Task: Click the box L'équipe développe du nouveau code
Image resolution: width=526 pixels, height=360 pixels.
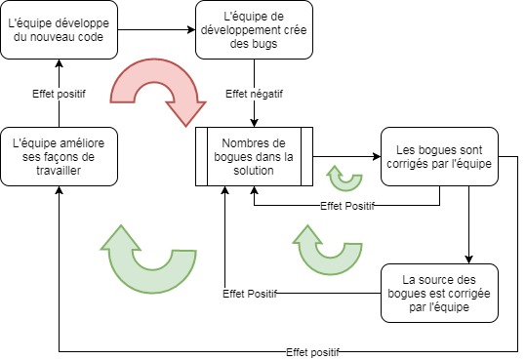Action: (x=59, y=29)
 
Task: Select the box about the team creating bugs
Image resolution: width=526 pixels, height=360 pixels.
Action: (x=254, y=29)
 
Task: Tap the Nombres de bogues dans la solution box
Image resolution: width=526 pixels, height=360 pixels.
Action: (x=254, y=156)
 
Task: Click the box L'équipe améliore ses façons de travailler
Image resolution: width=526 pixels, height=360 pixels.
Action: (x=59, y=156)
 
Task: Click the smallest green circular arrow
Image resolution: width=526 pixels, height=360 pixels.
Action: (x=343, y=177)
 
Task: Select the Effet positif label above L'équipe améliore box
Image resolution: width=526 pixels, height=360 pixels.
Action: (x=60, y=94)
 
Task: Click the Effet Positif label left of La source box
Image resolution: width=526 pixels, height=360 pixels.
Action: (x=250, y=293)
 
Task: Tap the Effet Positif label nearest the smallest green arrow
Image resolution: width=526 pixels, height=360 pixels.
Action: (x=348, y=206)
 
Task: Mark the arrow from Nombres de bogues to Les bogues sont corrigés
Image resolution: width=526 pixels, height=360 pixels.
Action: (x=345, y=156)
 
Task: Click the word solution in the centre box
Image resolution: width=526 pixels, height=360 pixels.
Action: (x=254, y=171)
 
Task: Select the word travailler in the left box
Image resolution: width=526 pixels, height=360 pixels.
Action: (x=59, y=171)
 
